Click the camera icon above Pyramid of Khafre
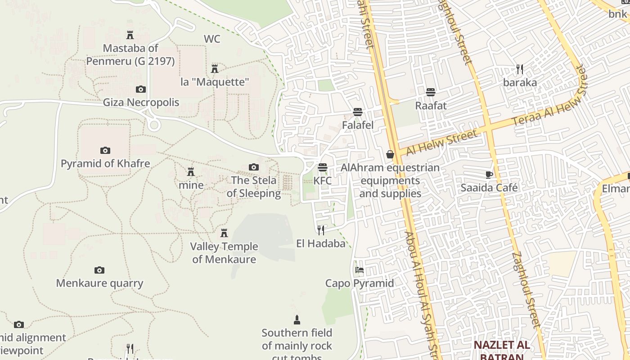[105, 150]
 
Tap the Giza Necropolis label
[141, 102]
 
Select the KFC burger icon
[322, 167]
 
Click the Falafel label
[358, 125]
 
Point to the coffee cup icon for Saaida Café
[489, 175]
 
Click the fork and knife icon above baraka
[520, 69]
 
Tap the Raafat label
[431, 106]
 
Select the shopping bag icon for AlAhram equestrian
[390, 154]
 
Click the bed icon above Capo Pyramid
[360, 270]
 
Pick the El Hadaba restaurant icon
[321, 230]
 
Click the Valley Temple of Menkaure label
[224, 253]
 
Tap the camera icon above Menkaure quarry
[99, 270]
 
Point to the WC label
[212, 39]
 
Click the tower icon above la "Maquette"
[215, 69]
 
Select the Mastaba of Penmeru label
[130, 54]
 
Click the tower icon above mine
[191, 172]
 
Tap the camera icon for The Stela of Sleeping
[254, 167]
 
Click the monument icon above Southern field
[297, 320]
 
